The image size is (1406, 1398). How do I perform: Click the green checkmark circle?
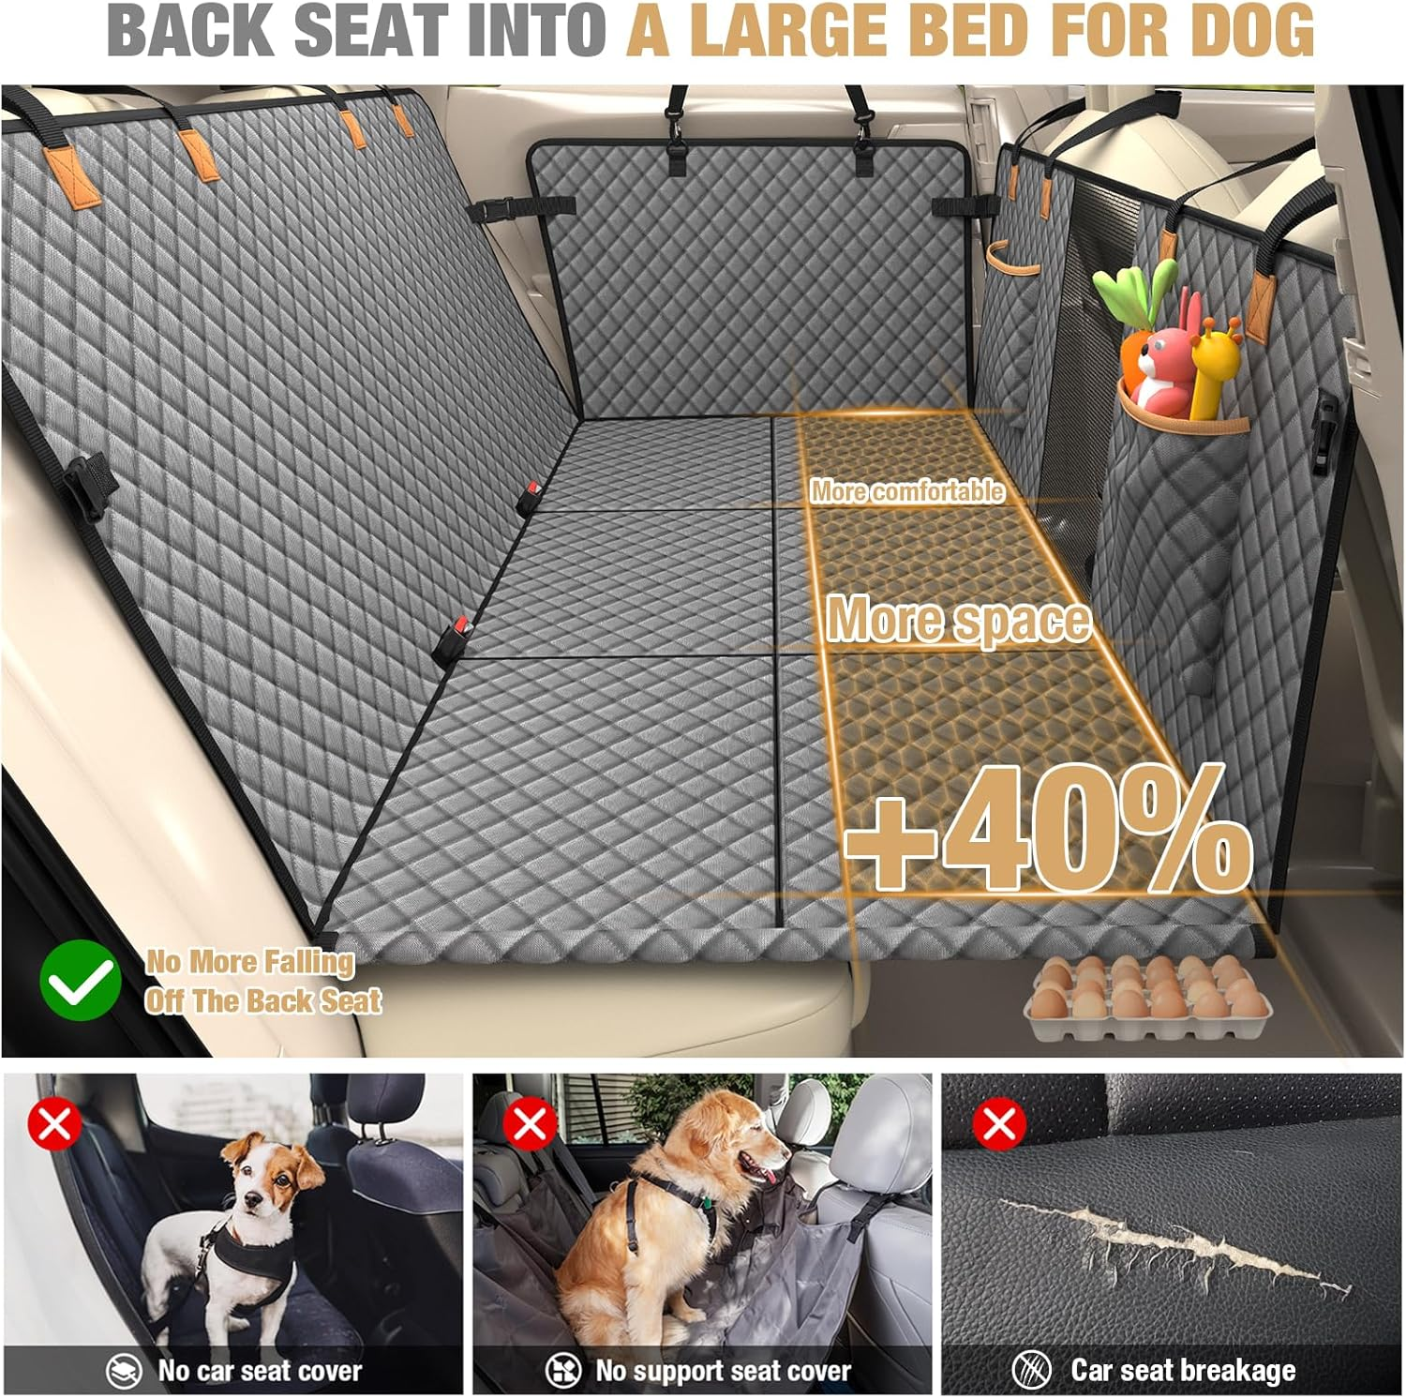coord(81,980)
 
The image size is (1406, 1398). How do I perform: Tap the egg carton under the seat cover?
coord(1147,1000)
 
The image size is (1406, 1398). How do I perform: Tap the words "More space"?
coord(958,620)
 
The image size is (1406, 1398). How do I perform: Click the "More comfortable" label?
coord(906,490)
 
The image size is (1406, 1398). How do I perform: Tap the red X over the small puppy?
coord(54,1123)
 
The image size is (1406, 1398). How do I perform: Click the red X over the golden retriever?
coord(530,1123)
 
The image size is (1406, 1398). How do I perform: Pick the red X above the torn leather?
coord(999,1123)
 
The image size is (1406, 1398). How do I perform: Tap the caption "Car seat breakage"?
coord(1183,1370)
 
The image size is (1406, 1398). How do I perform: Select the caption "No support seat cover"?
coord(723,1370)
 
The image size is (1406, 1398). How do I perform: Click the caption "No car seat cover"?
coord(259,1370)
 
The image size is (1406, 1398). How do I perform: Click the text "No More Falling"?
coord(250,961)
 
